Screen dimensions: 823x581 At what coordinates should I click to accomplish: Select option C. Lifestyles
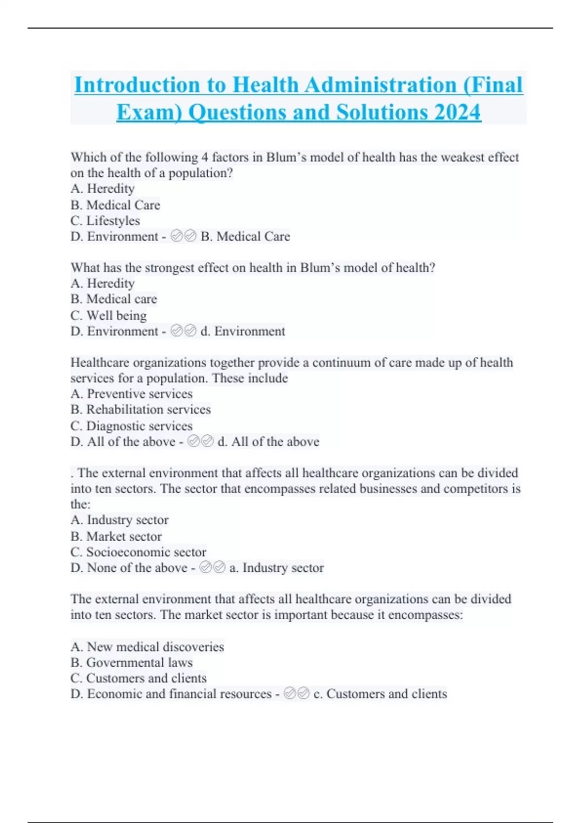pos(105,221)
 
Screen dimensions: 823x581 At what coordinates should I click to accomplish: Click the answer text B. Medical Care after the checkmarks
pos(245,236)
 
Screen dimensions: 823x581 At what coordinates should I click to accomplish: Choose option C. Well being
pos(108,316)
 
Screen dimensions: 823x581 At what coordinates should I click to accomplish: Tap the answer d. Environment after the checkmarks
pos(243,331)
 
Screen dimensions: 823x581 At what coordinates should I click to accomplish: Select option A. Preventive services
pos(131,394)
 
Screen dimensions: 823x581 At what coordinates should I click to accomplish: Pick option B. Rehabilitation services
pos(140,410)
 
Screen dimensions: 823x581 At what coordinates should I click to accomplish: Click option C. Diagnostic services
pos(131,426)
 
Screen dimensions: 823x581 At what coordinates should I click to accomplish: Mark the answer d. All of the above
pos(268,442)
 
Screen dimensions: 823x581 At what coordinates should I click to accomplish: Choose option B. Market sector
pos(116,536)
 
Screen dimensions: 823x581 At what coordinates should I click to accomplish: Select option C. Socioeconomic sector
pos(138,552)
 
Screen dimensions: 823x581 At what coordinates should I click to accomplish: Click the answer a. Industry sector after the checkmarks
pos(276,567)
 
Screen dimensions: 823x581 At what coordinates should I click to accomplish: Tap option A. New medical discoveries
pos(147,647)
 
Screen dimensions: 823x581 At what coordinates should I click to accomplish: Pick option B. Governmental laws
pos(131,662)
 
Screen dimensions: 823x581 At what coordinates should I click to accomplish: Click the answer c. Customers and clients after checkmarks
pos(380,694)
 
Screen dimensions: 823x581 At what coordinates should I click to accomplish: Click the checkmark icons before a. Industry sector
pos(213,567)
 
